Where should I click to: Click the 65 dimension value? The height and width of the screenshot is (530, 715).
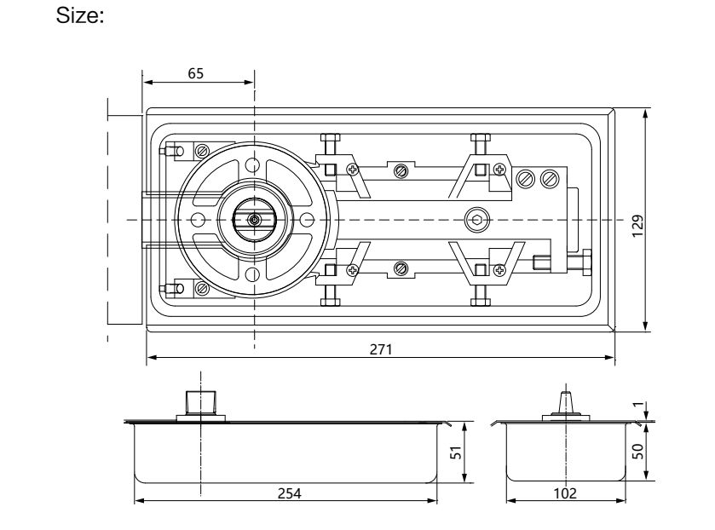click(x=195, y=73)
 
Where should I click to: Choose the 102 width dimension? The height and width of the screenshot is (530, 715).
click(x=564, y=493)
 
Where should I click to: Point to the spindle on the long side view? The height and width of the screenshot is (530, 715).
click(x=200, y=401)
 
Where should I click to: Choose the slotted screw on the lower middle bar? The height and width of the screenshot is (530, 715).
click(x=401, y=269)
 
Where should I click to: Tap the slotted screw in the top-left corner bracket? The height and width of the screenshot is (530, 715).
click(x=201, y=151)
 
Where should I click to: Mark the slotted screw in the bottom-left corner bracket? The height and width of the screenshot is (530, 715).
click(x=201, y=288)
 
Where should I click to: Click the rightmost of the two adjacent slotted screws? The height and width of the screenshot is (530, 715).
click(x=549, y=179)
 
